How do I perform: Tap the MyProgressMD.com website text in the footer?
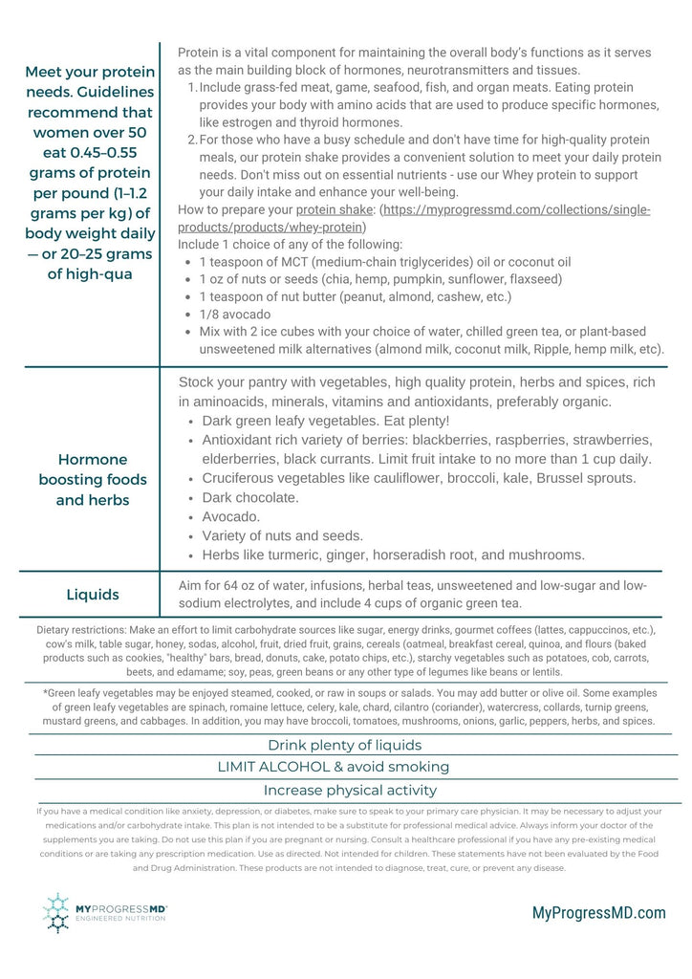[x=598, y=913]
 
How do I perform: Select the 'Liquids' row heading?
[x=93, y=595]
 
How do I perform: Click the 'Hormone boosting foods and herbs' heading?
[x=92, y=479]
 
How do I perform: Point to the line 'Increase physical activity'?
[x=350, y=791]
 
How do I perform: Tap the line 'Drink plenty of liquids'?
[x=344, y=745]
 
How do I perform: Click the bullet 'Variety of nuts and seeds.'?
[x=283, y=535]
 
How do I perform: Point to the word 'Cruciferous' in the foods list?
[x=241, y=478]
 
